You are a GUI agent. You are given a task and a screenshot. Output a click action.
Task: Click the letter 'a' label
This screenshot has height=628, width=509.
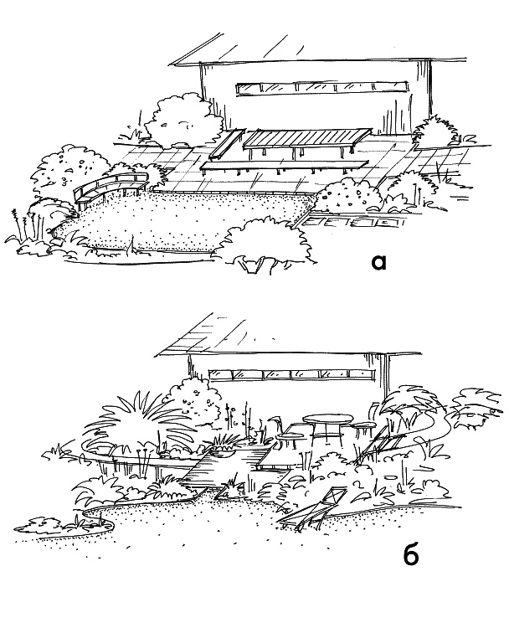coord(378,262)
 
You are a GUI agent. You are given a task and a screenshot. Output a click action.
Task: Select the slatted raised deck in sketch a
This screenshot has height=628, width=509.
coord(307,138)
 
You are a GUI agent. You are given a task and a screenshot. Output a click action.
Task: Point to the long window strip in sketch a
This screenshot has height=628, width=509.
coord(321,89)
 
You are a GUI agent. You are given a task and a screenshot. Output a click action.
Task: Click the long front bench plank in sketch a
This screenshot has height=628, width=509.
coord(284,166)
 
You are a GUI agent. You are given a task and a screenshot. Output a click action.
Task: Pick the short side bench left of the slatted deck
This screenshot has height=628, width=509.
coord(227,144)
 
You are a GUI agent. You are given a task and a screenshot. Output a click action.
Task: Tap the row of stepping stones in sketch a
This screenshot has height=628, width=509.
coord(352,222)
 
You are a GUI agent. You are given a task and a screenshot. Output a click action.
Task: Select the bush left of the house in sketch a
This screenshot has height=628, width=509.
coord(183,120)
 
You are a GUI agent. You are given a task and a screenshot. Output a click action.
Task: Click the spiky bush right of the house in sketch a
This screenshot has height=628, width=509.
coord(434,130)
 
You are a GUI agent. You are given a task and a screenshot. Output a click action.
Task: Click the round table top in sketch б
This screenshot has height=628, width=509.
coord(326,420)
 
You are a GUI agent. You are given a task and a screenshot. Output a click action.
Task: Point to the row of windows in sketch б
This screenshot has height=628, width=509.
coord(292,374)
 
